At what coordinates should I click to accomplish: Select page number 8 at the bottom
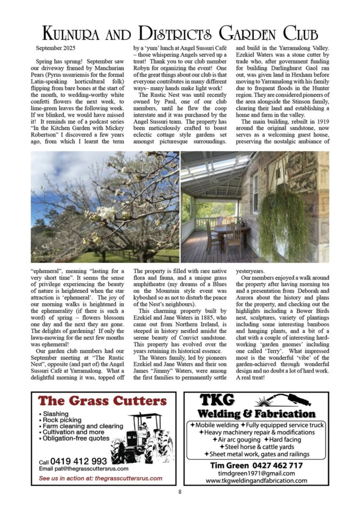pos(180,492)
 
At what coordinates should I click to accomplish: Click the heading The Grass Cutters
pos(102,401)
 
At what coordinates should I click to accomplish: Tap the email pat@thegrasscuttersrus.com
pos(84,469)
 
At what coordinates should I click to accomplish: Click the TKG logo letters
pos(217,400)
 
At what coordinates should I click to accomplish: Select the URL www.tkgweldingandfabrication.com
pos(256,481)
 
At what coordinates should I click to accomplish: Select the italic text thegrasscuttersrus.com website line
pos(100,478)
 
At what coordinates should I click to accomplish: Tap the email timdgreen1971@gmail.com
pos(256,473)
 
